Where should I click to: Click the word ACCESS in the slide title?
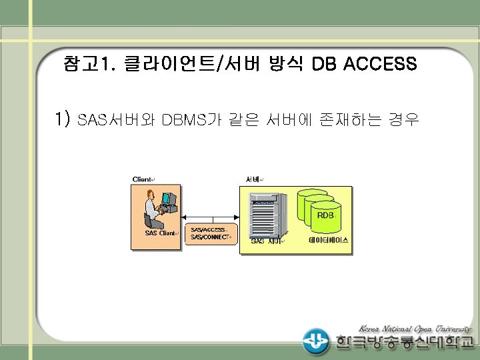tap(380, 65)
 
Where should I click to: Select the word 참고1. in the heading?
tap(89, 65)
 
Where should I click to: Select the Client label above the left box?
tap(143, 179)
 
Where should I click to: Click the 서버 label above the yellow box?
tap(253, 179)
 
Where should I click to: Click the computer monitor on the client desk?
tap(168, 199)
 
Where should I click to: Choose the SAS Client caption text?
tap(161, 233)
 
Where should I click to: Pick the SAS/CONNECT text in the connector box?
tap(209, 237)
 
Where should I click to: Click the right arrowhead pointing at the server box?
tap(235, 218)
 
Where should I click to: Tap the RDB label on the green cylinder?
tap(325, 215)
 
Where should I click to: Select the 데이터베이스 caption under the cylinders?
tap(328, 240)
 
